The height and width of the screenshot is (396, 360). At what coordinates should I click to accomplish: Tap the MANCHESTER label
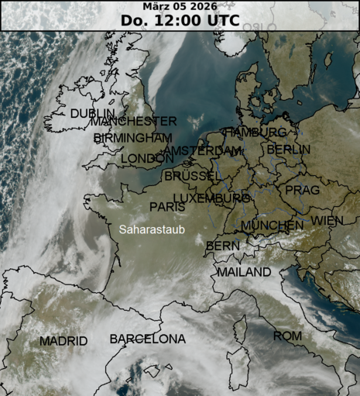click(133, 122)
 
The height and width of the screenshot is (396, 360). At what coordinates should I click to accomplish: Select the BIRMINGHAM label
click(132, 138)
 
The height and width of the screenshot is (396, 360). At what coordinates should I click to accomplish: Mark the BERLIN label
click(289, 150)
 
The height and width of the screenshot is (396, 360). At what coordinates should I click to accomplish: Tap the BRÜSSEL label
click(192, 177)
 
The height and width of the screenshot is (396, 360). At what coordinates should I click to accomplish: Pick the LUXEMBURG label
click(211, 199)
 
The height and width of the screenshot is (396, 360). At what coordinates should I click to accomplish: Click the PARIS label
click(167, 207)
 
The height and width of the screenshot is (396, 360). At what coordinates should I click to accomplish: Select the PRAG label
click(302, 190)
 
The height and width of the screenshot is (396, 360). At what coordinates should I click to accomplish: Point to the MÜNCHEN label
click(272, 226)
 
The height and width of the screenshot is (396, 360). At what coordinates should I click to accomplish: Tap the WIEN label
click(327, 221)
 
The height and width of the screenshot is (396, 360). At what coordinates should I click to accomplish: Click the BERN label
click(222, 246)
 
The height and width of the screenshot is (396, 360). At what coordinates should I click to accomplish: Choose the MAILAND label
click(244, 273)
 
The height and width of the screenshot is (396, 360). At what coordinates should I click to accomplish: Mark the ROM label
click(287, 336)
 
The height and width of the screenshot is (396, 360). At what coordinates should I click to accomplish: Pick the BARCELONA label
click(147, 339)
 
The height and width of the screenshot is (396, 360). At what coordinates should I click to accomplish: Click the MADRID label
click(63, 341)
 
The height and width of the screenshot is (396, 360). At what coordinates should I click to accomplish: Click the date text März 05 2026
click(180, 7)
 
